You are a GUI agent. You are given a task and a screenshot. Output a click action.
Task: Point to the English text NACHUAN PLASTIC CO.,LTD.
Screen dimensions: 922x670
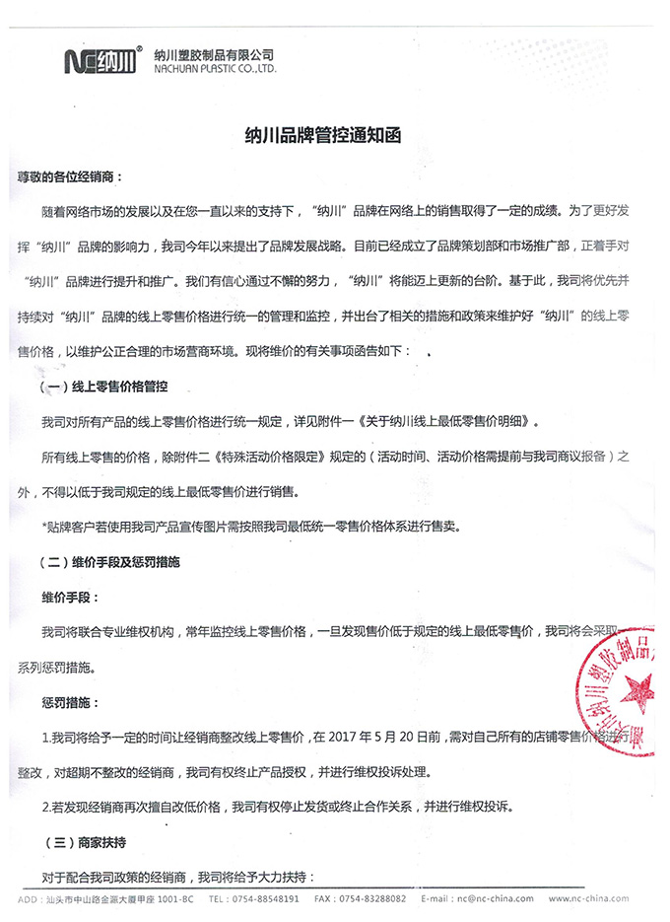point(215,70)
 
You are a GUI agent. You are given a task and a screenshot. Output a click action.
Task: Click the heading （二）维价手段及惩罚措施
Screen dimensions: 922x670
point(122,561)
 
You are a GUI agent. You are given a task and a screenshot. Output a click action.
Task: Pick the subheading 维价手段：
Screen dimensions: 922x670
point(69,598)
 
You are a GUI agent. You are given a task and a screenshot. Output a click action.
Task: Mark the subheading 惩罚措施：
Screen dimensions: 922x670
point(69,701)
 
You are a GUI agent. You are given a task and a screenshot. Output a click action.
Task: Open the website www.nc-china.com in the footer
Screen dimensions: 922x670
point(587,899)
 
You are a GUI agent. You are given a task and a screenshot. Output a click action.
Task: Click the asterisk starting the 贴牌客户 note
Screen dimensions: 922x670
point(44,527)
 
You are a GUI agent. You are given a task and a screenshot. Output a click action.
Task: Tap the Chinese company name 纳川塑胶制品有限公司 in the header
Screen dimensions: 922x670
point(214,54)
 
